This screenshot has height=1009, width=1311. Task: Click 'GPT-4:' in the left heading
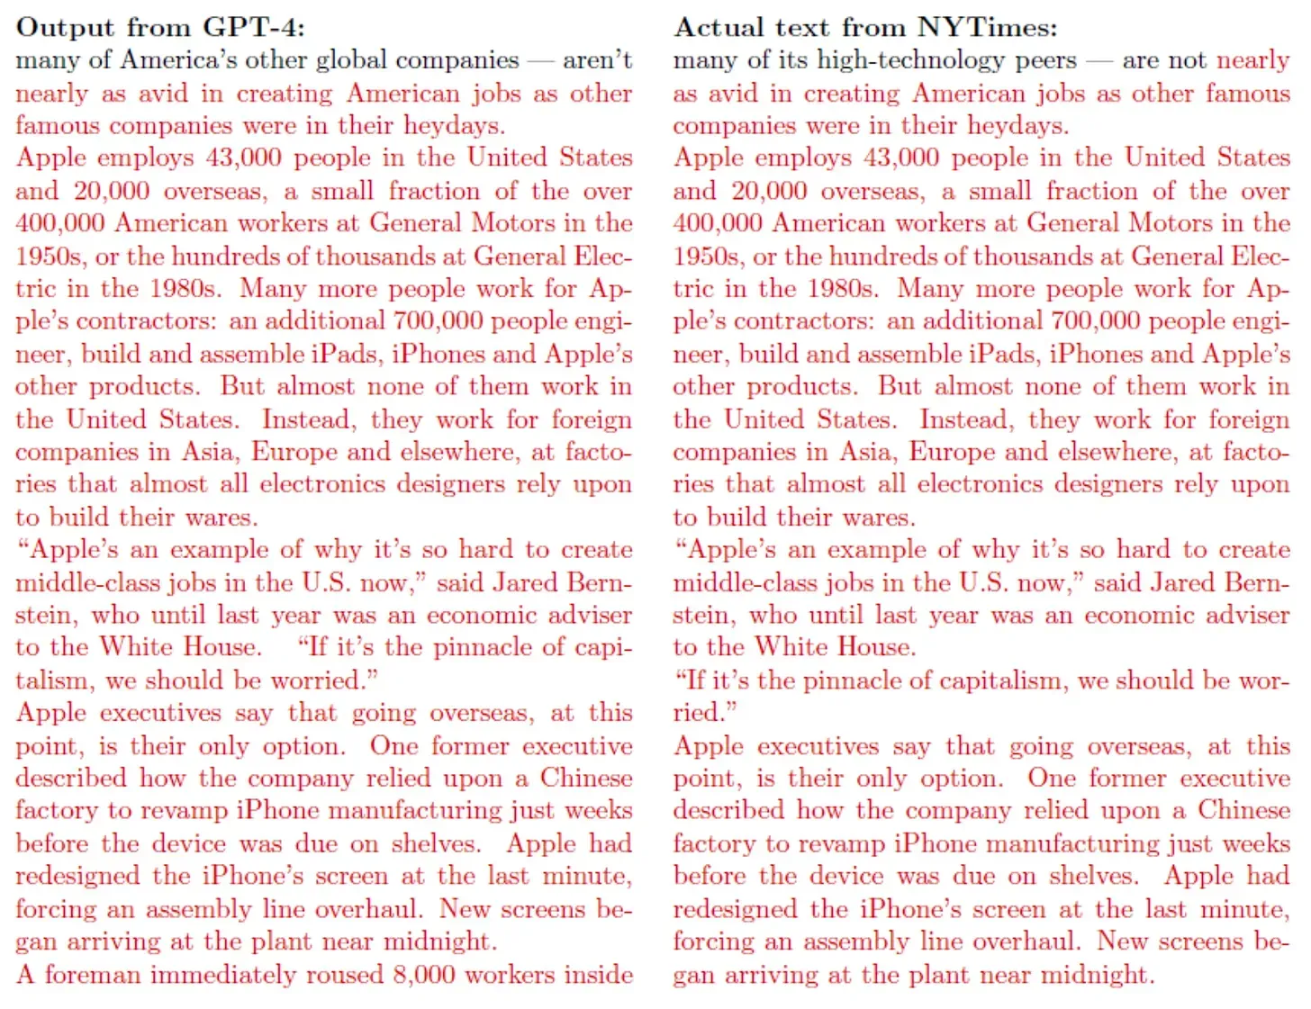[x=254, y=27]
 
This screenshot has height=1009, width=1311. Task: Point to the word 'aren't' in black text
[x=597, y=60]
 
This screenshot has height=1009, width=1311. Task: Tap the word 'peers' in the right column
[x=1045, y=60]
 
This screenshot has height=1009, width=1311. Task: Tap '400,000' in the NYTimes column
[x=718, y=223]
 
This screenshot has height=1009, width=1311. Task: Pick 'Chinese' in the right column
[x=1243, y=811]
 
